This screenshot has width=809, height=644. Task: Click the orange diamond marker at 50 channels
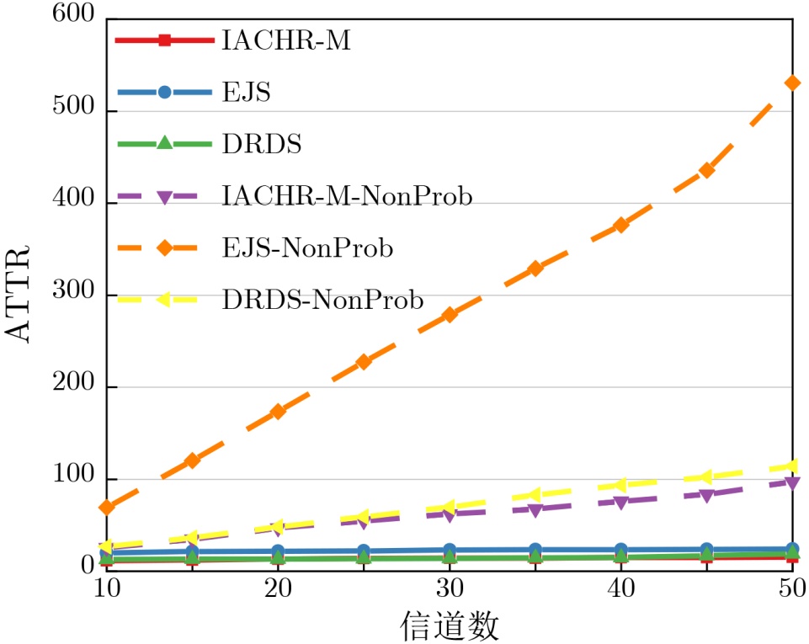coord(792,82)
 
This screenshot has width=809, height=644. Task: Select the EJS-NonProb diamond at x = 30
coord(450,314)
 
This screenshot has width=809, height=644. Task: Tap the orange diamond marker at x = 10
coord(106,507)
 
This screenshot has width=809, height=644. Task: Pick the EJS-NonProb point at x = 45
coord(707,170)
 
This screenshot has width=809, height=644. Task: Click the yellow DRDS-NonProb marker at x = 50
coord(792,466)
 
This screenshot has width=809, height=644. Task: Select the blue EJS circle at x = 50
coord(792,549)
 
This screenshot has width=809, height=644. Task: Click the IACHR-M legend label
coord(285,40)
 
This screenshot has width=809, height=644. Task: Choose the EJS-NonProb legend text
coord(308,248)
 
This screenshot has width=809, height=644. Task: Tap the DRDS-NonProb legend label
coord(322,300)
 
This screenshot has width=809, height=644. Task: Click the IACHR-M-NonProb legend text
coord(347,196)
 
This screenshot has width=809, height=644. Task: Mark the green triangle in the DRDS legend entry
coord(165,144)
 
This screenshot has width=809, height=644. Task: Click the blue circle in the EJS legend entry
coord(165,92)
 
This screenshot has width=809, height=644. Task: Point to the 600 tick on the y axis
coord(76,20)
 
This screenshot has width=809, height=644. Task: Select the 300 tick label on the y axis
coord(76,295)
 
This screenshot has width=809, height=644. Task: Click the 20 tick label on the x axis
coord(278,586)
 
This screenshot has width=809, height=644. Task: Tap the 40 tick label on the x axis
coord(621,586)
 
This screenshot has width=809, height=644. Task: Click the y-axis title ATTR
coord(19,292)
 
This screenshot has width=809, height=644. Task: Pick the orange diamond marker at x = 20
coord(278,411)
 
